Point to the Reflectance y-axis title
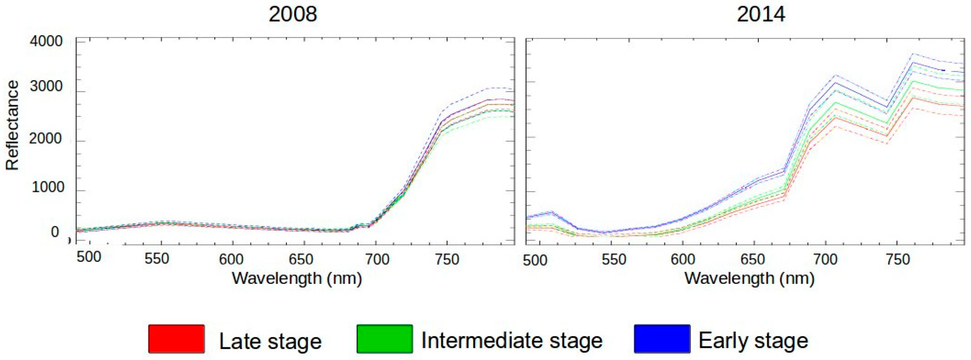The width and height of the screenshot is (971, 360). coord(12,125)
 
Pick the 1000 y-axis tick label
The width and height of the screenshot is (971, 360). coord(48,187)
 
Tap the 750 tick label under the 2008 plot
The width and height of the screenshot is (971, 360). coord(447,259)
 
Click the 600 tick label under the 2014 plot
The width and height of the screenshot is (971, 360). coord(683,259)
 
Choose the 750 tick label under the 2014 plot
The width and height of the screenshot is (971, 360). coord(898,259)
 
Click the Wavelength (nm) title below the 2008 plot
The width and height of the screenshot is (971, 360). coord(297,279)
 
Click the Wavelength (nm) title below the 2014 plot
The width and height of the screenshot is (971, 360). coord(749,279)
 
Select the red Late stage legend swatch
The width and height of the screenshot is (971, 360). coord(176,339)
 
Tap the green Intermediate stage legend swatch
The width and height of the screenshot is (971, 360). coord(384,339)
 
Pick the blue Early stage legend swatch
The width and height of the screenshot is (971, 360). coord(662,339)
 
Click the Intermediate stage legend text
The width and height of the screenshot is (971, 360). coord(512,340)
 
